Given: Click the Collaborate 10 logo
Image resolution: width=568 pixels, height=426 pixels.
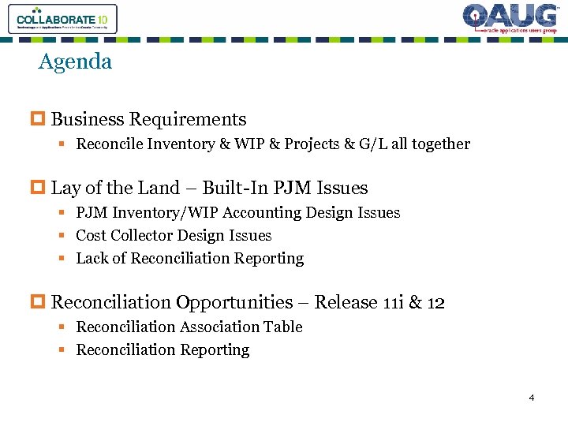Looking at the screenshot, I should [62, 18].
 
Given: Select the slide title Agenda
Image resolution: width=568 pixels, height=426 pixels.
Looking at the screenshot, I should [75, 62].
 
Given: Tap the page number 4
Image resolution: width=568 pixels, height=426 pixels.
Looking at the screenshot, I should [532, 397].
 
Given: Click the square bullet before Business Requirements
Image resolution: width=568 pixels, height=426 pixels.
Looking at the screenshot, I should [43, 120].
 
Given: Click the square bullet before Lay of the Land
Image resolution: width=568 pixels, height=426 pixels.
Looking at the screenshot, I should [43, 188].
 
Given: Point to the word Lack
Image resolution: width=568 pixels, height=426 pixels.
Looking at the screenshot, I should [92, 259].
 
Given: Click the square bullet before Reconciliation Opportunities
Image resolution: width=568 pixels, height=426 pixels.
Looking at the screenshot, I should [43, 303].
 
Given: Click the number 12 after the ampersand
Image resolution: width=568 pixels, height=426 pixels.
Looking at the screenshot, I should [435, 303].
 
